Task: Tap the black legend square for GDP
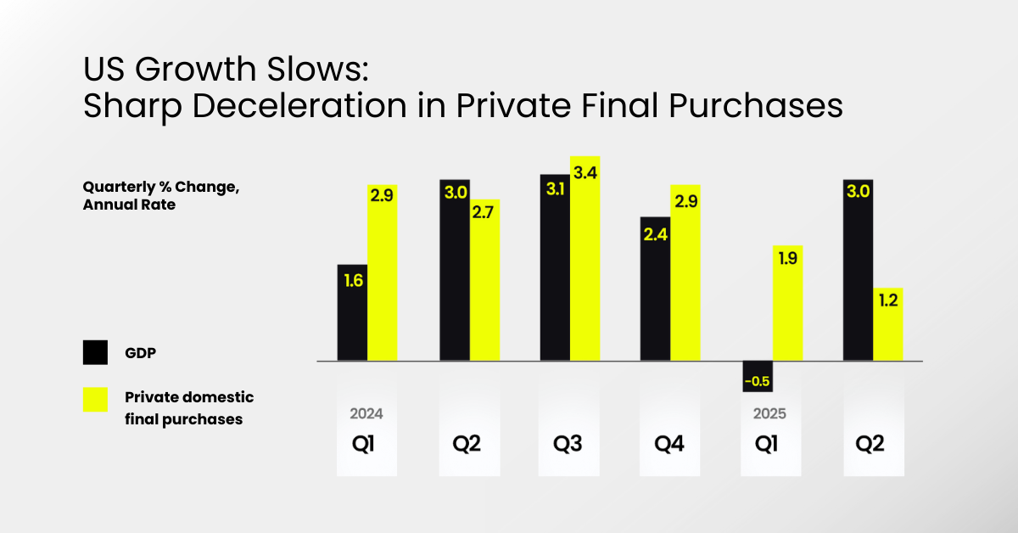click(95, 352)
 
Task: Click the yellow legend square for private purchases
click(95, 399)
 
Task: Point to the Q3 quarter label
click(568, 444)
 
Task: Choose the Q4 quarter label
click(669, 444)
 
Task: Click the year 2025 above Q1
click(769, 414)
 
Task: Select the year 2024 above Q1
click(366, 414)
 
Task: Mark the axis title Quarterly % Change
click(160, 188)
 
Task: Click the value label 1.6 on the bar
click(353, 280)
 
